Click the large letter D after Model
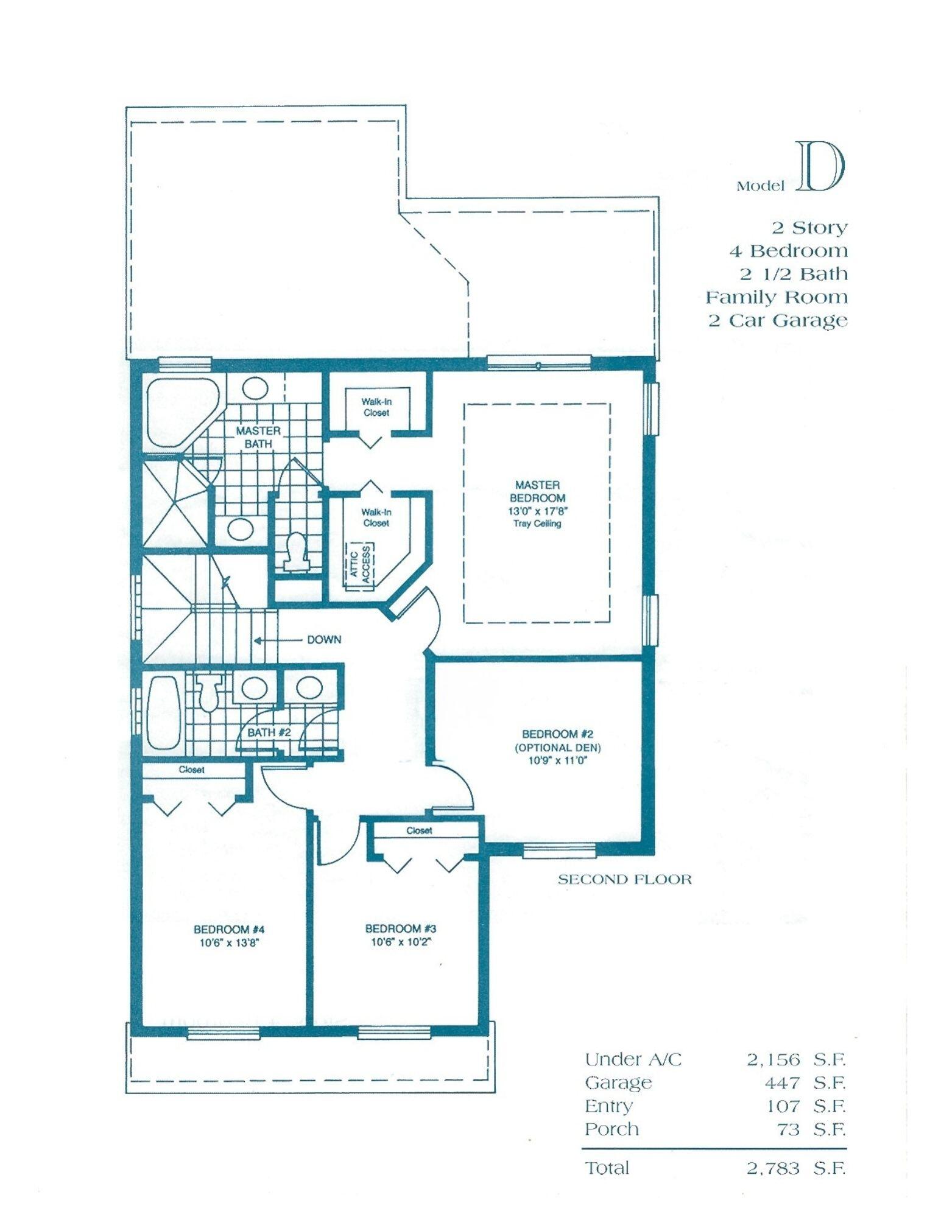pos(820,167)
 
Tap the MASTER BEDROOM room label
pos(537,491)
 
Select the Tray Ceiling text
pos(538,524)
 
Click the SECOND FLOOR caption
pos(624,879)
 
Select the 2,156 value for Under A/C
pos(773,1060)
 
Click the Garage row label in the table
pos(618,1083)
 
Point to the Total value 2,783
pos(773,1168)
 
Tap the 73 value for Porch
pos(789,1129)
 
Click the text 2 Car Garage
pos(777,320)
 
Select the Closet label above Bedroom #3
pos(419,830)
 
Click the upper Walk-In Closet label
pos(376,407)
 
